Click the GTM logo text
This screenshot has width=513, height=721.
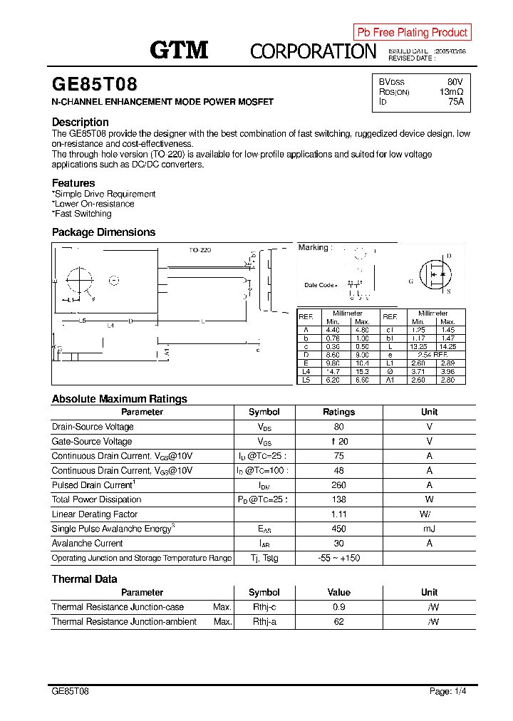pyautogui.click(x=179, y=49)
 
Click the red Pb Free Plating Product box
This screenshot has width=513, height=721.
pyautogui.click(x=412, y=32)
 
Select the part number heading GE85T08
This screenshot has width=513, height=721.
pyautogui.click(x=95, y=85)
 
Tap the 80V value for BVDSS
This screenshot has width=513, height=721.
pyautogui.click(x=455, y=82)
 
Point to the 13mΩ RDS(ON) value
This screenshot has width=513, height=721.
pyautogui.click(x=451, y=92)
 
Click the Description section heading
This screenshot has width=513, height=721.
pyautogui.click(x=80, y=122)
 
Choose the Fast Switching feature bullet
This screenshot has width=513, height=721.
pyautogui.click(x=83, y=214)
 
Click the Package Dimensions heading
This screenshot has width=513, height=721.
pyautogui.click(x=103, y=232)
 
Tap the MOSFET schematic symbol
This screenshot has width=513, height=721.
pyautogui.click(x=436, y=274)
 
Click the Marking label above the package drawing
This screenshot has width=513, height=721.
pyautogui.click(x=314, y=248)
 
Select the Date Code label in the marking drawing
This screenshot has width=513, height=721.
pyautogui.click(x=320, y=285)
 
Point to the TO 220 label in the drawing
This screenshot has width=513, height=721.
pyautogui.click(x=199, y=250)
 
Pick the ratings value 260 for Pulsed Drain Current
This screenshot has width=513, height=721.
pyautogui.click(x=338, y=485)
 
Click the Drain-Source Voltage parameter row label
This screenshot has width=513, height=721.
pyautogui.click(x=93, y=427)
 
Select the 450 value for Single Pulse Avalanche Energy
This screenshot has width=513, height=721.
pyautogui.click(x=338, y=529)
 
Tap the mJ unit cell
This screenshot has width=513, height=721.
pyautogui.click(x=429, y=529)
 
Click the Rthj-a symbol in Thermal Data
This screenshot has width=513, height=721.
pyautogui.click(x=264, y=622)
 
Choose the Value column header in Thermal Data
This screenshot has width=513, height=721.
pyautogui.click(x=338, y=593)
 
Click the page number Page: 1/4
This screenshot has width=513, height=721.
pyautogui.click(x=448, y=691)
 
